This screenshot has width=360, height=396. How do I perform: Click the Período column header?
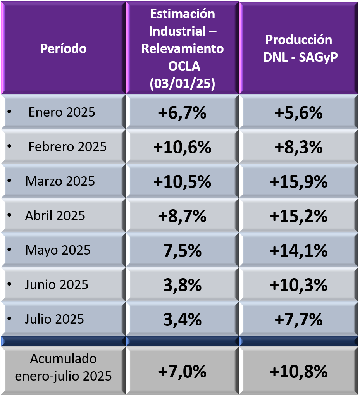[64, 49]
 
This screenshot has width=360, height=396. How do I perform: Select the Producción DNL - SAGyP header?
[298, 48]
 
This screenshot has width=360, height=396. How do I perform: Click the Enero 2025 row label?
[62, 112]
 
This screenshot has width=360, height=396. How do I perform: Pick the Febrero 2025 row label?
[67, 147]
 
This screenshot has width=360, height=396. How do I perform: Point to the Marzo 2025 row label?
[60, 181]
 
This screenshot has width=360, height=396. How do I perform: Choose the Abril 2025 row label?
[55, 215]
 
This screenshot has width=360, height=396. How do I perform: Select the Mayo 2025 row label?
[58, 250]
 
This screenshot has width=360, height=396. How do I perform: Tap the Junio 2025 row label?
[57, 285]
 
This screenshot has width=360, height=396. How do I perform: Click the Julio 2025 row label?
[54, 319]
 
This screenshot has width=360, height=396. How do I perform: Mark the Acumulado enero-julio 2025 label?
[63, 367]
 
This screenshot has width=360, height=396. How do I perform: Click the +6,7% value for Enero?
[182, 113]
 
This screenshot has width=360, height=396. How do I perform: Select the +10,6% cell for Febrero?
[182, 147]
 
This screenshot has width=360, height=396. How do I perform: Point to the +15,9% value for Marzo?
[298, 182]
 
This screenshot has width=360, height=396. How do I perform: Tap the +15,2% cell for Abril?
[298, 216]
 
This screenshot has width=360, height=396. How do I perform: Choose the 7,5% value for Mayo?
[182, 251]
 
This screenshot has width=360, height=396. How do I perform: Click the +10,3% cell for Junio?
[298, 285]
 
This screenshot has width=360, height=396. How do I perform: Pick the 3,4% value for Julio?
[182, 320]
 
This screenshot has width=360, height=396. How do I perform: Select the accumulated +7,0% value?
[182, 372]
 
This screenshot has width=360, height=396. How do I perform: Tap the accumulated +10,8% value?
[298, 372]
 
